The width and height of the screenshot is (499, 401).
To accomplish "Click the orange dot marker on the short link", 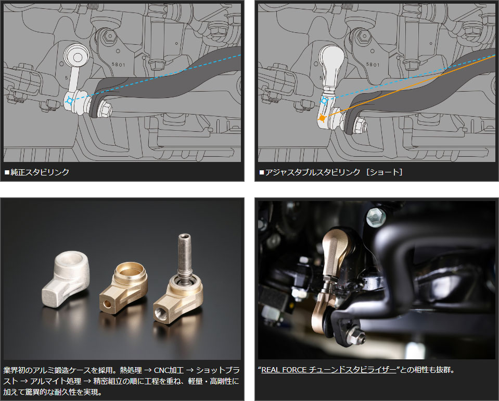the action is coord(322,118).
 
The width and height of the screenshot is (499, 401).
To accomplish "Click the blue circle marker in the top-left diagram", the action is coord(70,101).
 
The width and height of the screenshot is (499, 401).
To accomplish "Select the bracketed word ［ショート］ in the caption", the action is coord(385,172).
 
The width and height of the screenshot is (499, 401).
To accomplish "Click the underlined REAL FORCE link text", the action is coord(328,370).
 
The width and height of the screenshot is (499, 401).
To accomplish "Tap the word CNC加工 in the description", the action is coord(169,370).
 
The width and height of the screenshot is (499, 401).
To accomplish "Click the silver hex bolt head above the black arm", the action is coord(376,218).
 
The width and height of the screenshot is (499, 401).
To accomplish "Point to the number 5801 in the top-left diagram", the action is coord(119,65).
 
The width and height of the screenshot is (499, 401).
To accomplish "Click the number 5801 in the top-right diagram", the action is coord(373,65).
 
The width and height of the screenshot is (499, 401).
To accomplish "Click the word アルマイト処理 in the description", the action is coord(56,381).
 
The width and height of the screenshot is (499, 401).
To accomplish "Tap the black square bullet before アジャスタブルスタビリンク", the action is coord(262,172).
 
